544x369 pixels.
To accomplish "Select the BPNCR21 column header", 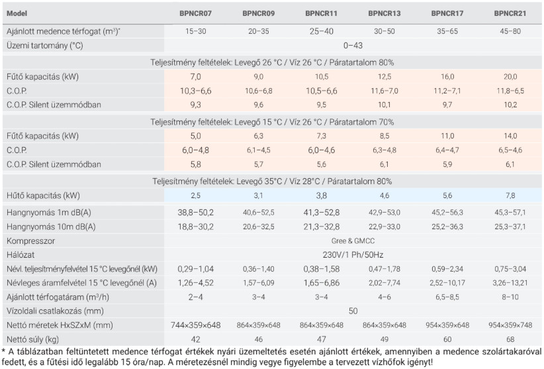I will [x=510, y=13].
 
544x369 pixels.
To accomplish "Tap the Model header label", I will [x=17, y=13].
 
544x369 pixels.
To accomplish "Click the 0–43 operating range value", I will [x=352, y=46].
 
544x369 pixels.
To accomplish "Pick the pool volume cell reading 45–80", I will [x=510, y=30].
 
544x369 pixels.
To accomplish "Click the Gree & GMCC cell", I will [x=352, y=240].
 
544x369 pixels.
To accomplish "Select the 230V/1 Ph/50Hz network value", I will [x=352, y=254].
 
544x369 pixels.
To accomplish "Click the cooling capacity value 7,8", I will [x=510, y=196].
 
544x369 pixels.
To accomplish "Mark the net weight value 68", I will [x=510, y=338].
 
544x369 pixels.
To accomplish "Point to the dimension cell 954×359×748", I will [x=510, y=325].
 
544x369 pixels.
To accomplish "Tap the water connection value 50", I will [x=352, y=310].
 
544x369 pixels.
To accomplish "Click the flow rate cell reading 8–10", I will [x=510, y=296].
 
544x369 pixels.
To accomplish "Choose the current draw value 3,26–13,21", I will [x=510, y=282].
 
